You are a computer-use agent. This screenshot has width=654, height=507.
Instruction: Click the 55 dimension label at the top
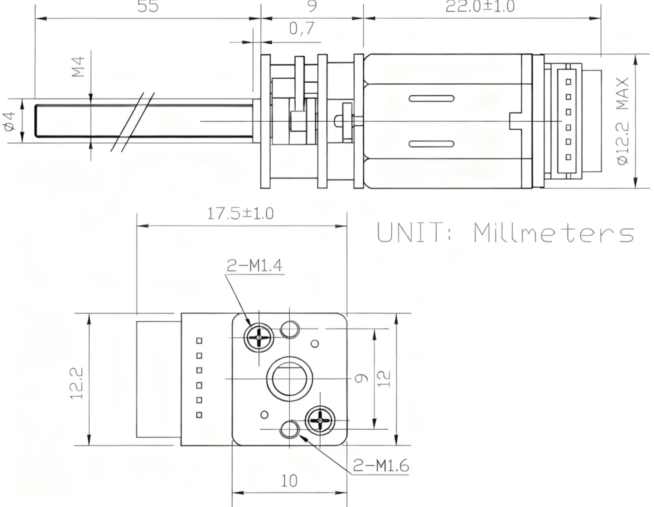click(148, 6)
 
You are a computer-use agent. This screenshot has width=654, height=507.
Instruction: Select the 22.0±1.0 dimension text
click(480, 6)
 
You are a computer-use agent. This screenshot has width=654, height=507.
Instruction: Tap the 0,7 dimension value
click(302, 29)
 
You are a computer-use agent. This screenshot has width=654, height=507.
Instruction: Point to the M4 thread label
click(79, 67)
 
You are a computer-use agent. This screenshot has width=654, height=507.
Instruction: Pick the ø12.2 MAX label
click(623, 121)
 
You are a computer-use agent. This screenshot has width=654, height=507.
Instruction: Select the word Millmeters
click(554, 233)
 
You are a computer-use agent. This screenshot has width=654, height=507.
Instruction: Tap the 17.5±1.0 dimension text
click(240, 214)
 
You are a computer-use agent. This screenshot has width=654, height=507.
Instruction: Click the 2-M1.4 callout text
click(254, 266)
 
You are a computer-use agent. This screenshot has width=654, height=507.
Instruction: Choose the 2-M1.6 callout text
click(381, 465)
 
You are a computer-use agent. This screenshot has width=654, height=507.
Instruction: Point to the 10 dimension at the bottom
click(289, 481)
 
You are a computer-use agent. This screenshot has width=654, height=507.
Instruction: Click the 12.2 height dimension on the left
click(77, 383)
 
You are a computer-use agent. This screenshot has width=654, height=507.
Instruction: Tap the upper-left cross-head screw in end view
click(259, 337)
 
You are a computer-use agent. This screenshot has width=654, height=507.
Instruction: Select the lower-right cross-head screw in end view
click(320, 420)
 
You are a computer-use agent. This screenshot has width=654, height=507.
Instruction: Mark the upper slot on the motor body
click(431, 98)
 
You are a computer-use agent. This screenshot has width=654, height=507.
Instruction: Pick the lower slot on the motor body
click(431, 144)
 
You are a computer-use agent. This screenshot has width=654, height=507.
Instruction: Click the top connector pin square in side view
click(568, 82)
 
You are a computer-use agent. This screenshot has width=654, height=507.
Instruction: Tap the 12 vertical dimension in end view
click(384, 379)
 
